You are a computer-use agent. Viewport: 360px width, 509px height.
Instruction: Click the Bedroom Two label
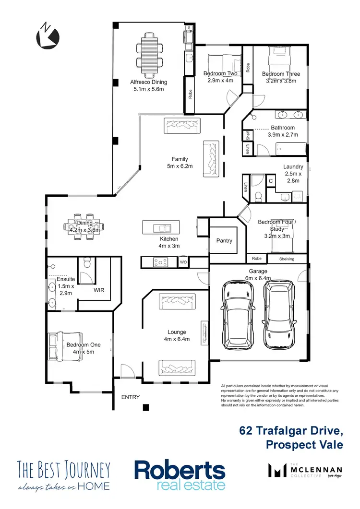220,73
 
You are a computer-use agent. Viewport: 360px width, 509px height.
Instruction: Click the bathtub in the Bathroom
280,149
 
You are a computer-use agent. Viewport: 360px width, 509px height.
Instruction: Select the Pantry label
224,241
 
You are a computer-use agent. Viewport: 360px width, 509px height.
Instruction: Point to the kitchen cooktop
160,262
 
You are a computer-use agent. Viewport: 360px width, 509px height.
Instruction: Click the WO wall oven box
183,262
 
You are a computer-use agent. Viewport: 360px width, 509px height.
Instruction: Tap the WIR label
99,290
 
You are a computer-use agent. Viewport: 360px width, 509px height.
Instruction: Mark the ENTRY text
131,397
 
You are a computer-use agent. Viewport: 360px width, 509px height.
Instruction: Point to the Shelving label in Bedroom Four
291,259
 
